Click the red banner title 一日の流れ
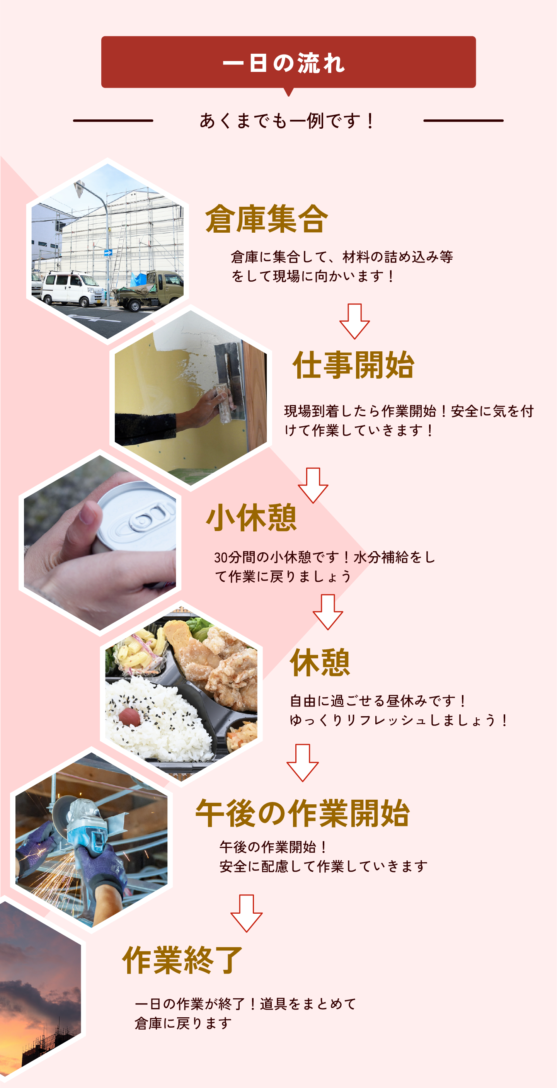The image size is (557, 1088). (284, 63)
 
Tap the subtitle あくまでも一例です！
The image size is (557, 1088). (287, 121)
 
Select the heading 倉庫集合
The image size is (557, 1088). (266, 218)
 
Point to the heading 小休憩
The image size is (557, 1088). (252, 517)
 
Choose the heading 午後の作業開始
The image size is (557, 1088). (302, 813)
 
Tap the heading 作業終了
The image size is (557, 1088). (182, 960)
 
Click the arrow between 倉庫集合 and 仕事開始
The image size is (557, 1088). (355, 321)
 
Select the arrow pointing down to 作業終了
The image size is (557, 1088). (247, 913)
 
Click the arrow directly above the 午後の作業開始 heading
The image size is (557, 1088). (302, 763)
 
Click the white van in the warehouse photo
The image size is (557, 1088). (72, 288)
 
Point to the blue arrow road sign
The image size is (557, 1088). (108, 253)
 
